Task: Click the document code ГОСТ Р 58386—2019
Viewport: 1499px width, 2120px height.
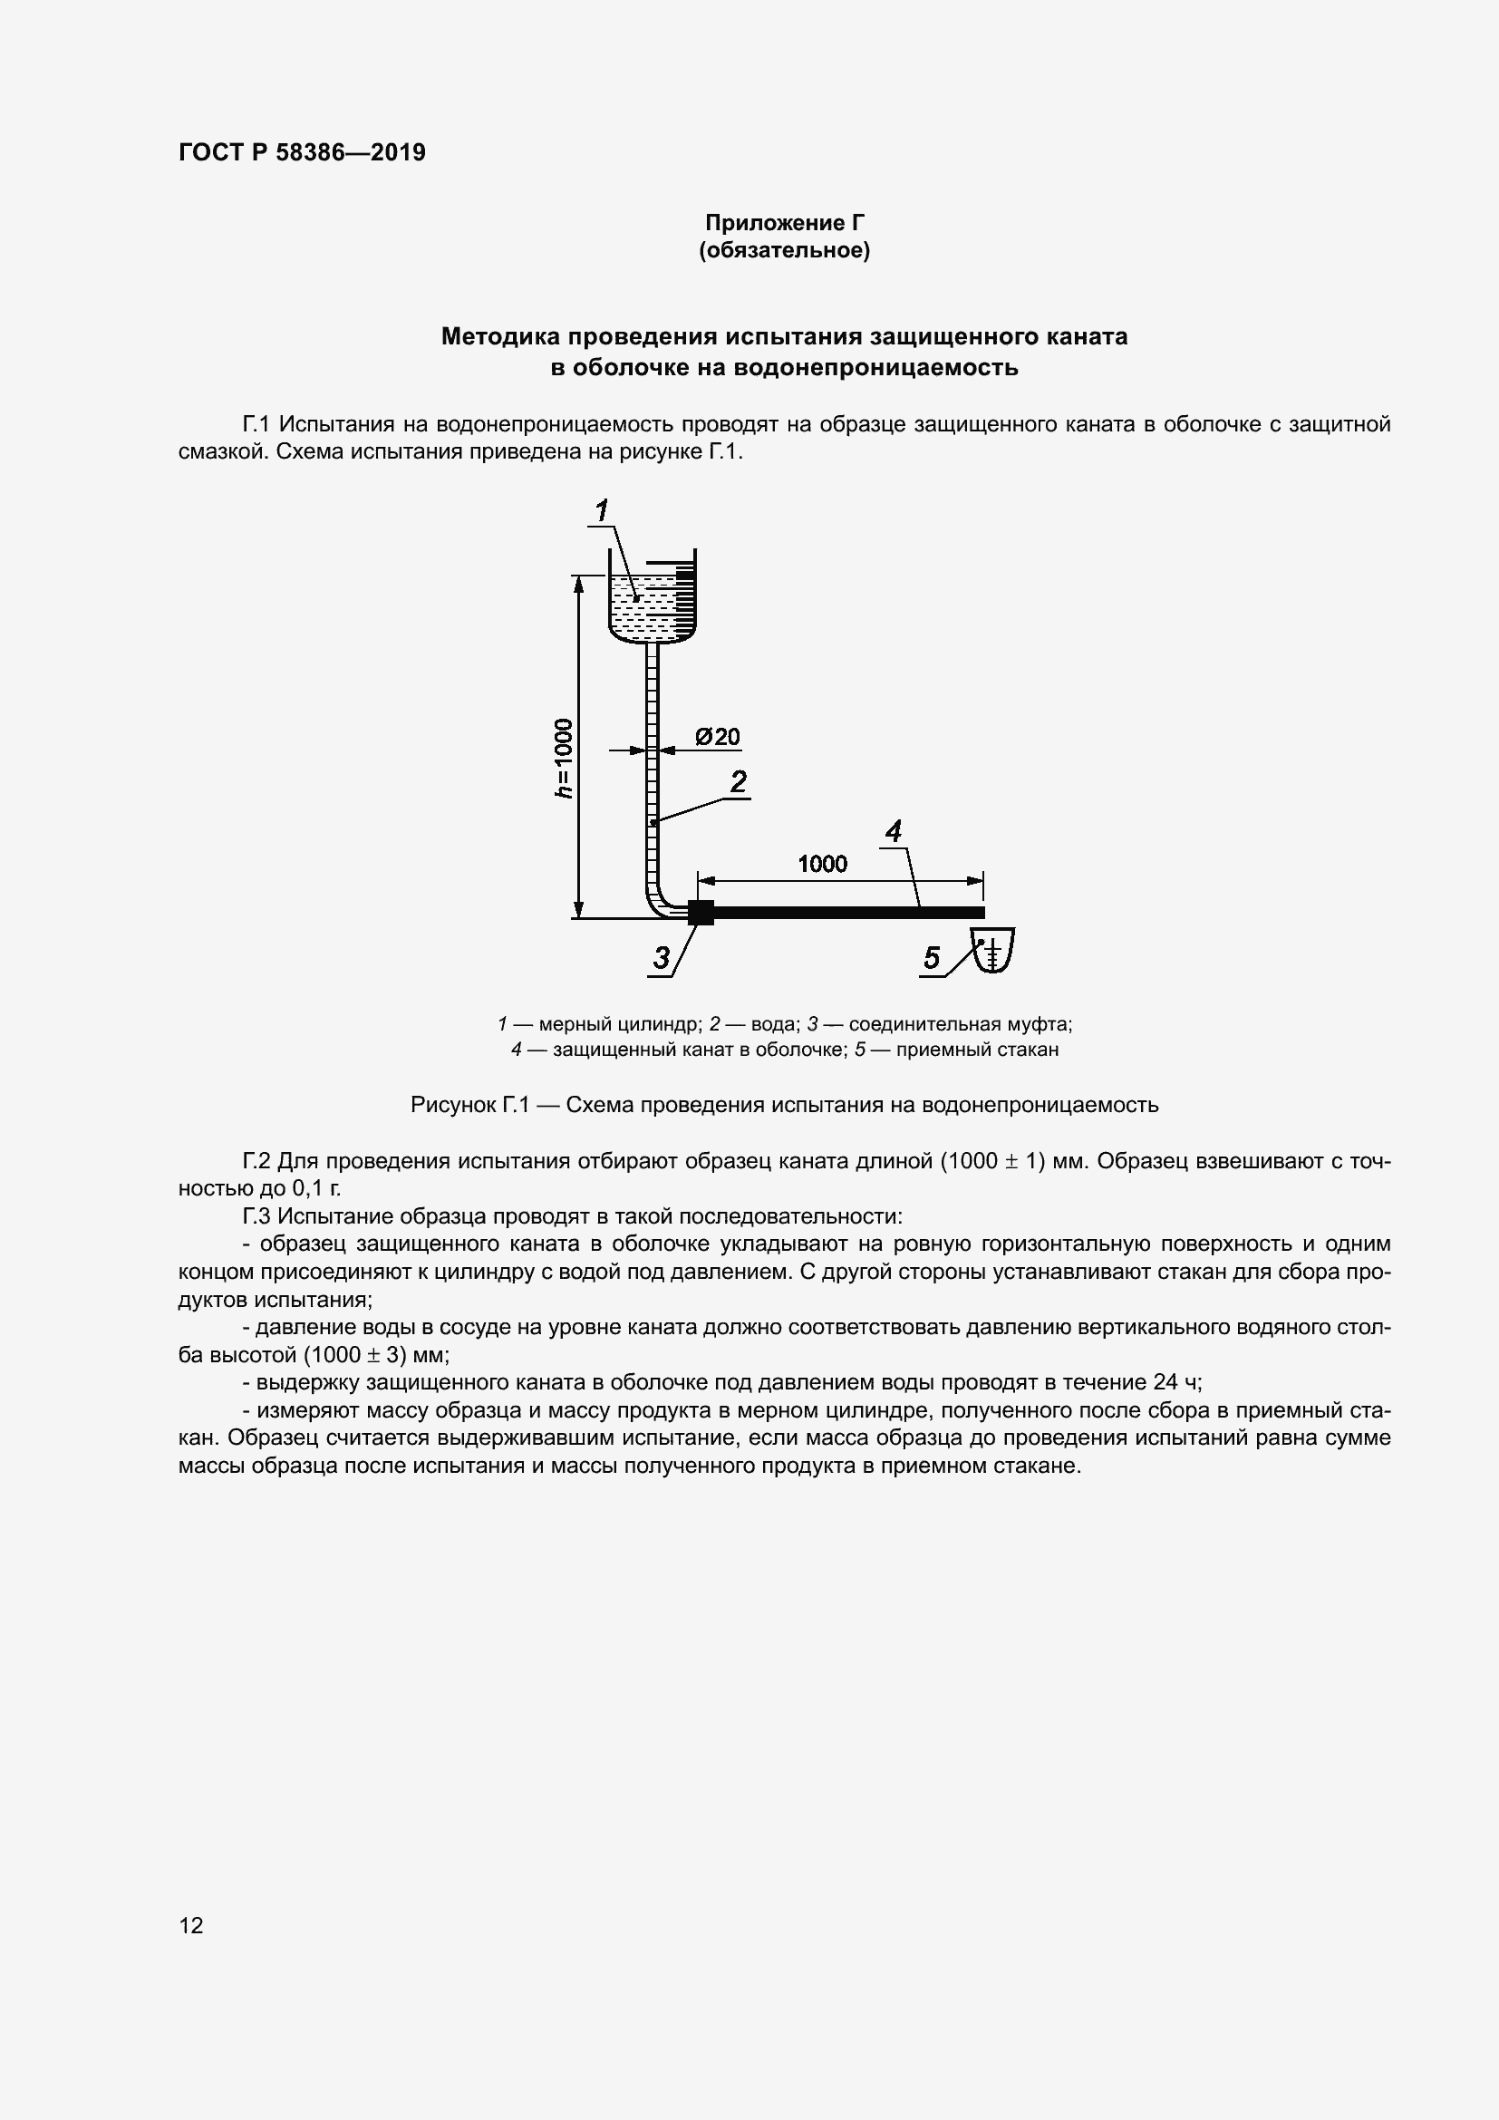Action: [x=302, y=152]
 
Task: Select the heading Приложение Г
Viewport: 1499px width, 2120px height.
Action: [x=785, y=223]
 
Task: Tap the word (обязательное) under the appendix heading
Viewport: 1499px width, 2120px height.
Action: [x=785, y=250]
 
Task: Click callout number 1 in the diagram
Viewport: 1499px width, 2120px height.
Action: [x=602, y=509]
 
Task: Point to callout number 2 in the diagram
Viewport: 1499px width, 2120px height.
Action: [x=739, y=782]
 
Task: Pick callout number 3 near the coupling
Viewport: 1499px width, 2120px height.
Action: [x=661, y=957]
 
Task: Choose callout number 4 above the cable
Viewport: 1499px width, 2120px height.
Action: [x=893, y=832]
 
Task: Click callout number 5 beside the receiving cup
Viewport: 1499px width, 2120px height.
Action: [x=932, y=957]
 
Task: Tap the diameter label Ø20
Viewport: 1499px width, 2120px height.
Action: [x=718, y=737]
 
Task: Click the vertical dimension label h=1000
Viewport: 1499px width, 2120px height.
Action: [x=563, y=757]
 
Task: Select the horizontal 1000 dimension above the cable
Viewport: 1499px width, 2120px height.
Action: [x=822, y=864]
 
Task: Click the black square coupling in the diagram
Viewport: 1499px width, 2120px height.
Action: [x=701, y=913]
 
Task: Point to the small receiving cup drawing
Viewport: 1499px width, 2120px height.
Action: [x=993, y=951]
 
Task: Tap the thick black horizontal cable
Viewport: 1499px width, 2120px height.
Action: [x=849, y=914]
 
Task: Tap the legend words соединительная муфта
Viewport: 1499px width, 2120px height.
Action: [x=960, y=1024]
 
